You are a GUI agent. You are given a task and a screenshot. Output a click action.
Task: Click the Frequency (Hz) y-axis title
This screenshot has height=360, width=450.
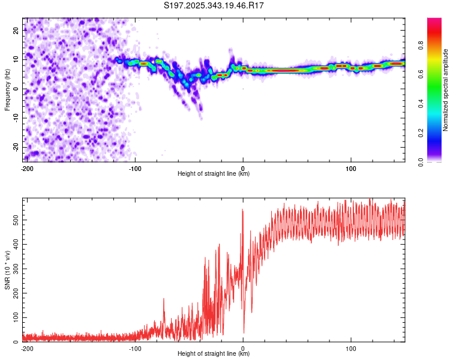click(x=8, y=89)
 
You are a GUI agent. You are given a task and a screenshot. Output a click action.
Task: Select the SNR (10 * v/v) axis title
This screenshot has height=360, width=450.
click(x=8, y=269)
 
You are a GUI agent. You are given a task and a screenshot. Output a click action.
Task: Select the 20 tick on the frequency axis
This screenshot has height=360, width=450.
click(x=16, y=29)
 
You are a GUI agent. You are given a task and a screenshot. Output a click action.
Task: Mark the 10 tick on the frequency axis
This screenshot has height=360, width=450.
click(x=16, y=59)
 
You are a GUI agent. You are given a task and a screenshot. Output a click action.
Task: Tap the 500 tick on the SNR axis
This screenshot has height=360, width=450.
click(x=14, y=220)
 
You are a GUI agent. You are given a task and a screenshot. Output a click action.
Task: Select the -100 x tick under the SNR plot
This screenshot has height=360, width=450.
click(x=135, y=348)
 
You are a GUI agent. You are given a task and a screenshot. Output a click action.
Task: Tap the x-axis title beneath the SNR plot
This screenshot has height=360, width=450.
click(x=214, y=354)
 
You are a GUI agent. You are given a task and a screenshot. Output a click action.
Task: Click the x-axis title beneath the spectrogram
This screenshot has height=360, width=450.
click(x=214, y=174)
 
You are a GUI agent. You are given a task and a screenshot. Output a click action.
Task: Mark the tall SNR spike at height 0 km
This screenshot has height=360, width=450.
click(x=242, y=211)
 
